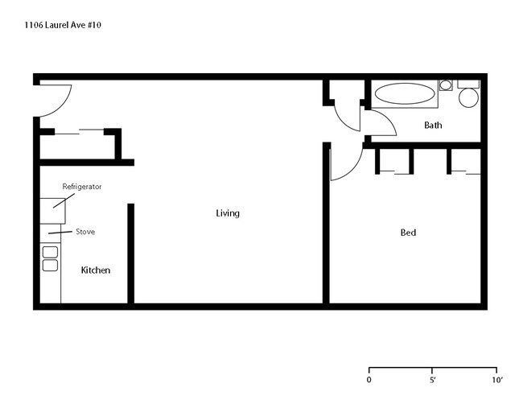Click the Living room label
(x=228, y=213)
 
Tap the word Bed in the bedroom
(x=408, y=233)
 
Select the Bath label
(x=433, y=125)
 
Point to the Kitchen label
(x=96, y=270)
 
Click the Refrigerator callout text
(x=82, y=187)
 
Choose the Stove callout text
(x=85, y=232)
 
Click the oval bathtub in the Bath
(x=405, y=93)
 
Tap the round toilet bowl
(x=467, y=98)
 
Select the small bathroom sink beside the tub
(x=445, y=85)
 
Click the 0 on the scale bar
(x=369, y=379)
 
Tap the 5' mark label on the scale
(x=433, y=379)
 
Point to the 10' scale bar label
(x=496, y=379)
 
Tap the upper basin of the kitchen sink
(x=50, y=252)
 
